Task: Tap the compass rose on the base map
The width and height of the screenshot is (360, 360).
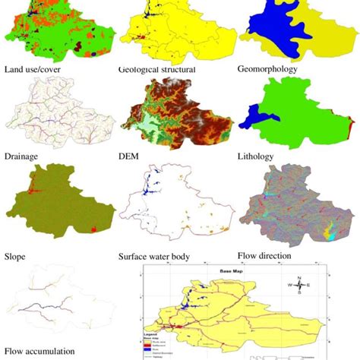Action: (300, 285)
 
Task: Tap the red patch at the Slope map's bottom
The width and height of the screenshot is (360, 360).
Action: (93, 227)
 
